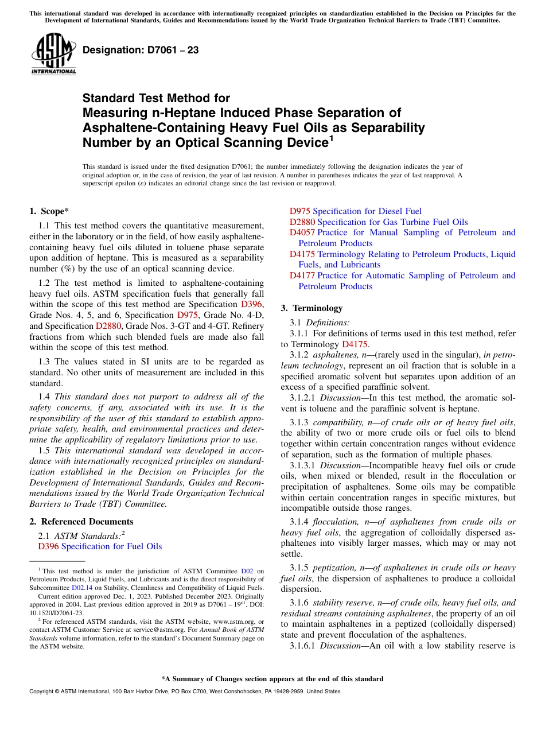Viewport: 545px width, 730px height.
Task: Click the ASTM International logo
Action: [53, 53]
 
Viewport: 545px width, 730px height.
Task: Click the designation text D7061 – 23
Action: [141, 50]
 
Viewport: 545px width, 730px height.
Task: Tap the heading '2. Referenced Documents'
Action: [81, 522]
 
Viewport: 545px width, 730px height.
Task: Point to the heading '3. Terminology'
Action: [312, 308]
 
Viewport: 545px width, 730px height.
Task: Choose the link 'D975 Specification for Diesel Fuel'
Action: [355, 211]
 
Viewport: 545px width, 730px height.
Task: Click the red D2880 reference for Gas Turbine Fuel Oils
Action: [302, 222]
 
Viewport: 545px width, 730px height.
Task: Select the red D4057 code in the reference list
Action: [302, 232]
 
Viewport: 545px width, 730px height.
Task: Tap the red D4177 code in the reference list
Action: [302, 275]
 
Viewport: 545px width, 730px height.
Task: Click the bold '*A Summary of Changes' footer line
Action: [272, 679]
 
